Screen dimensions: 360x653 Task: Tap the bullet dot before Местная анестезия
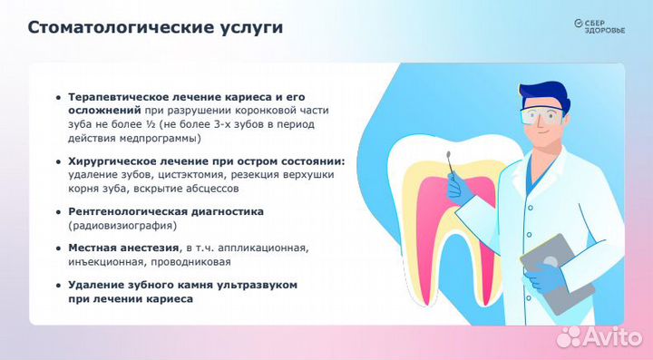click(59, 248)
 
